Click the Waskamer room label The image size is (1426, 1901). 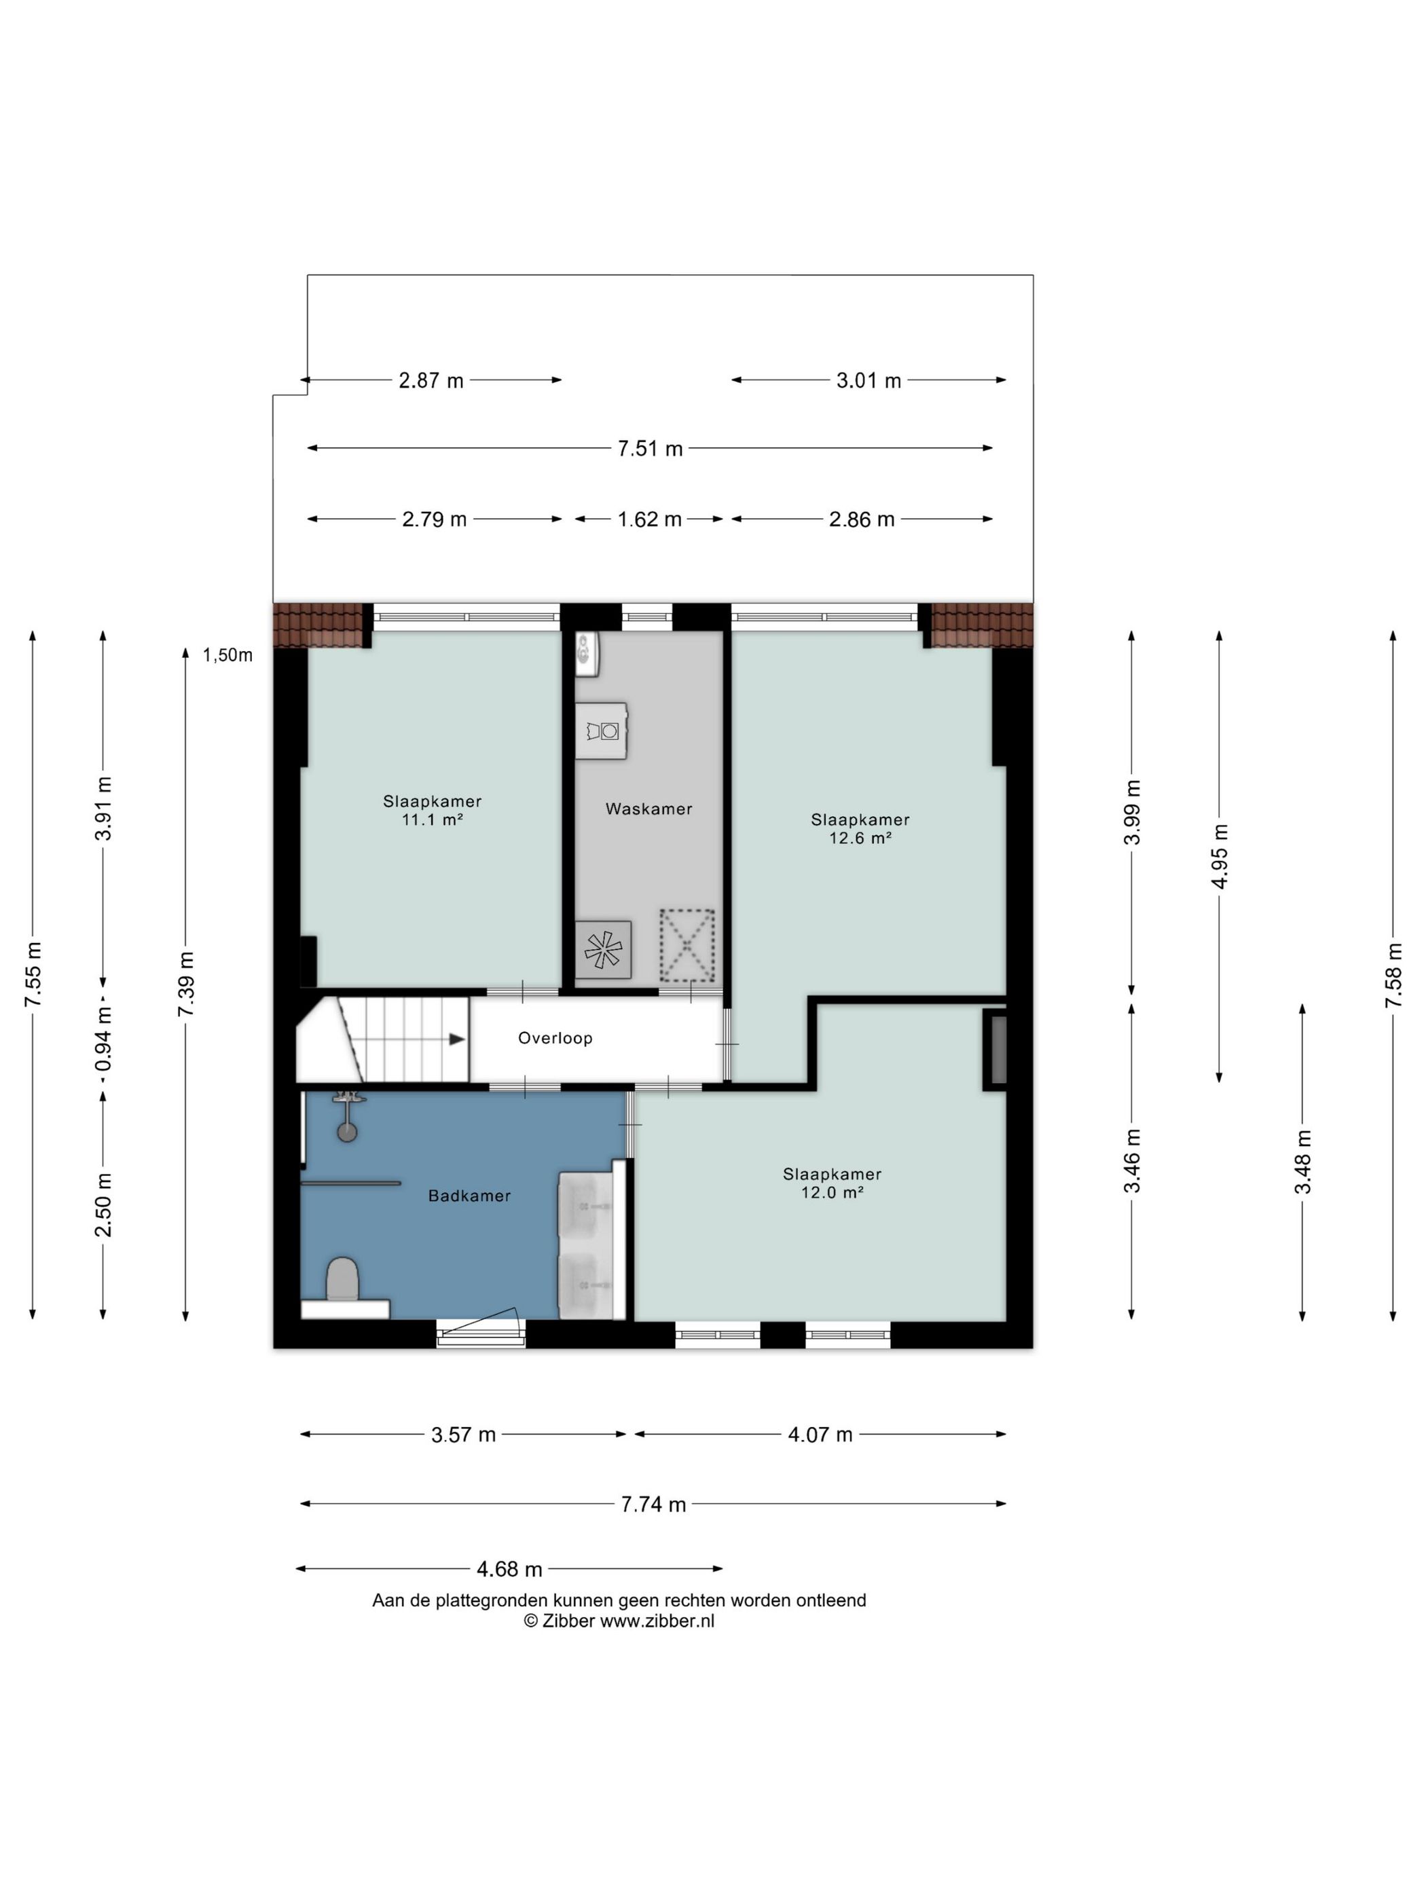pyautogui.click(x=648, y=809)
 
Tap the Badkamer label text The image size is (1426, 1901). pyautogui.click(x=469, y=1196)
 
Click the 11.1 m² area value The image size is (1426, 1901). pyautogui.click(x=433, y=820)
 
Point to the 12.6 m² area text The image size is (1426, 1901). pyautogui.click(x=860, y=838)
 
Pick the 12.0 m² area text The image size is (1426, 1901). pyautogui.click(x=832, y=1193)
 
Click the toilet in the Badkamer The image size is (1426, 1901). pyautogui.click(x=343, y=1280)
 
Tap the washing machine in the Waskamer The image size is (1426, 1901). pyautogui.click(x=602, y=731)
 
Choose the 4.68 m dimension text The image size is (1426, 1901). pyautogui.click(x=510, y=1569)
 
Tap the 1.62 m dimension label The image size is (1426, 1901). pyautogui.click(x=650, y=519)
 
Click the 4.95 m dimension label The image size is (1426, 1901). pyautogui.click(x=1220, y=856)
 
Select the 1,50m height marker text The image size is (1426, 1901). pyautogui.click(x=227, y=655)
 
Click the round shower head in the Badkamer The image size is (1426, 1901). pyautogui.click(x=347, y=1132)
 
